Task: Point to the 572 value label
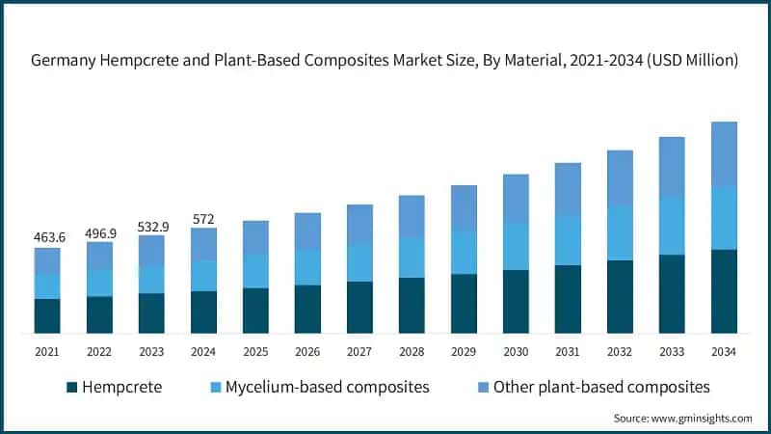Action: (x=203, y=219)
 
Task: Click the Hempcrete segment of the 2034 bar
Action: (x=724, y=291)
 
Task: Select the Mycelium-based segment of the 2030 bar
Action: (x=516, y=246)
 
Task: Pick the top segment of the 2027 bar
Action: (x=359, y=224)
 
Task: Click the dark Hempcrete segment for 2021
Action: (x=47, y=316)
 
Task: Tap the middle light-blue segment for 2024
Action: (x=203, y=276)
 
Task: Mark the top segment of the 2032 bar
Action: (x=620, y=177)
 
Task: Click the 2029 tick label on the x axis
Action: (x=464, y=353)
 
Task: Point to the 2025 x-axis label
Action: (x=255, y=353)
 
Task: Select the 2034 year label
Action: (x=724, y=353)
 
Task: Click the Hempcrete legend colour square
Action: (x=71, y=388)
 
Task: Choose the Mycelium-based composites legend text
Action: (x=327, y=387)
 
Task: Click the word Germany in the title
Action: (x=65, y=61)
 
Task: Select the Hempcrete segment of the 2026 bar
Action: (x=307, y=309)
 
